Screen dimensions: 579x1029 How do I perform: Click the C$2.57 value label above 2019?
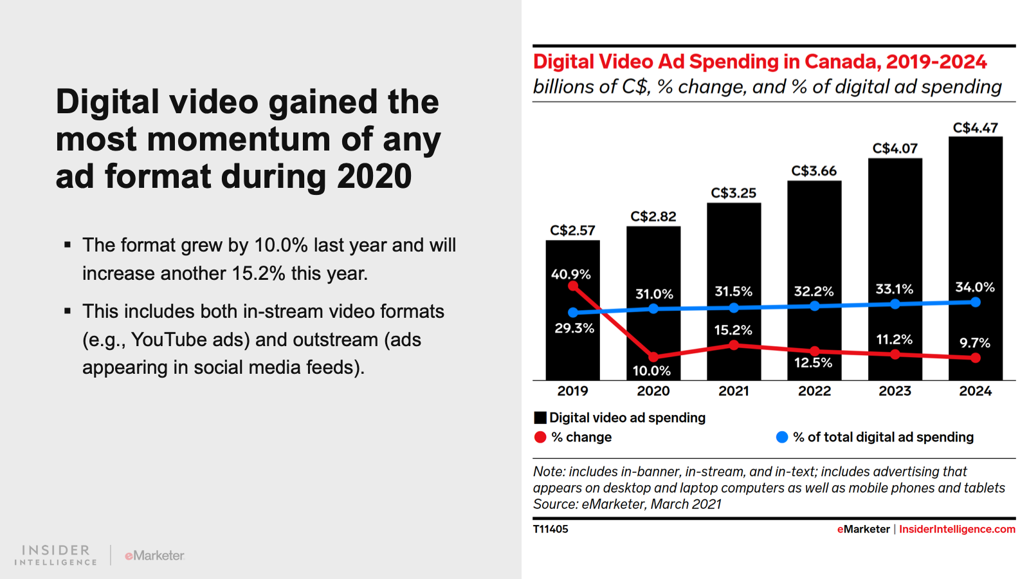tap(572, 230)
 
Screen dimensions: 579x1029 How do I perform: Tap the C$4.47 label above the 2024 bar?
tap(975, 128)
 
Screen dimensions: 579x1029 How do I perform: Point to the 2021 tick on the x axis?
tap(734, 391)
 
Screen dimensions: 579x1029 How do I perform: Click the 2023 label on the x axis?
tap(895, 391)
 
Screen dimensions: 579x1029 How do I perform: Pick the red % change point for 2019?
tap(573, 286)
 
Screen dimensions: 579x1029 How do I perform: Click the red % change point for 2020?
tap(653, 356)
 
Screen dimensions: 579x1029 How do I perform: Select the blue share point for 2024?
tap(976, 302)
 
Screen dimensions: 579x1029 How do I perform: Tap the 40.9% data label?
tap(570, 274)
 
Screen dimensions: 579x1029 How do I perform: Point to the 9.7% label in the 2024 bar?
tap(975, 343)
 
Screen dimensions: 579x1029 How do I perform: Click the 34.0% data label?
tap(974, 287)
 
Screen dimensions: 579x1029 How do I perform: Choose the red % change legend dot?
tap(540, 437)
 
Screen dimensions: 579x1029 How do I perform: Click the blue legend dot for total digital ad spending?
tap(782, 437)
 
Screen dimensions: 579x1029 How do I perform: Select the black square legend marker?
tap(540, 418)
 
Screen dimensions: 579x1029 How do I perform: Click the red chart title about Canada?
tap(760, 62)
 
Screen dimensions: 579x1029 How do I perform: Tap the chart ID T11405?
tap(551, 529)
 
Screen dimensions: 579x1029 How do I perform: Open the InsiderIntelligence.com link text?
tap(957, 529)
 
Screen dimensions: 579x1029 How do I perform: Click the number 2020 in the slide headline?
tap(374, 176)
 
